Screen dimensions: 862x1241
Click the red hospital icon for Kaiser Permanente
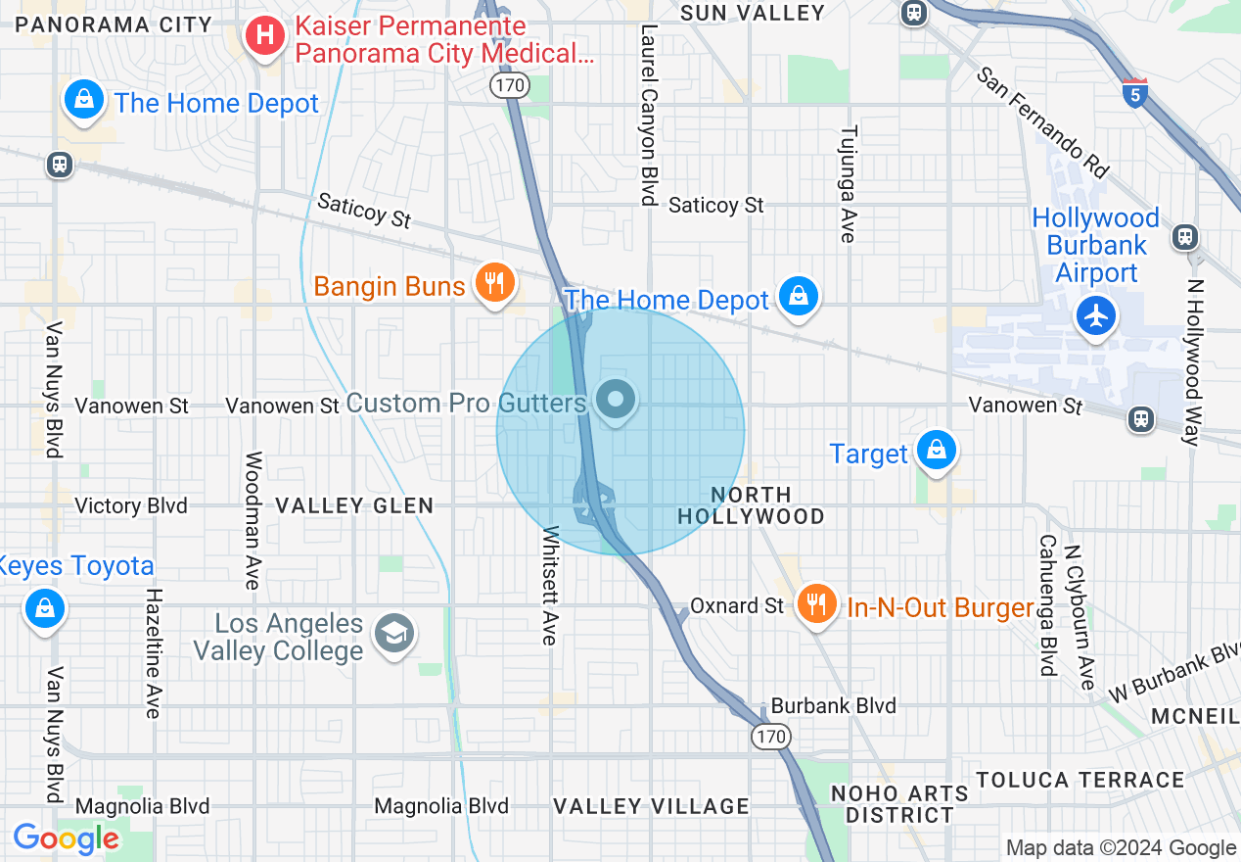263,38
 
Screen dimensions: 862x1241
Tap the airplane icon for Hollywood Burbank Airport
1096,315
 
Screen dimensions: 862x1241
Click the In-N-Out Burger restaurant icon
816,602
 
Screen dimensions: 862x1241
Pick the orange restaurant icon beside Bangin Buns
494,283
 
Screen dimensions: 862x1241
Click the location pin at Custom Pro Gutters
616,400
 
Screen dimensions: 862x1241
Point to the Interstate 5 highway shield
1134,92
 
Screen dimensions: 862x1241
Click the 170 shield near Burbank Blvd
771,735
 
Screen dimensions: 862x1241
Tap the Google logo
67,838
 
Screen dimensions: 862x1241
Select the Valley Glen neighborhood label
354,505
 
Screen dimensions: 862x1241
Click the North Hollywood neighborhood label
752,505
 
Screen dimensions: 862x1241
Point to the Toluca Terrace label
1080,780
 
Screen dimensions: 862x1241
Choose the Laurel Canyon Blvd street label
647,115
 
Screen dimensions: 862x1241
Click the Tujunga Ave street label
849,183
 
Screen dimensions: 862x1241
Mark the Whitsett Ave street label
549,586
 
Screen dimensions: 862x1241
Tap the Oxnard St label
737,606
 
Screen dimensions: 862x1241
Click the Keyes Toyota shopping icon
45,607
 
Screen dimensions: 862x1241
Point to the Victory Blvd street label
131,505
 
